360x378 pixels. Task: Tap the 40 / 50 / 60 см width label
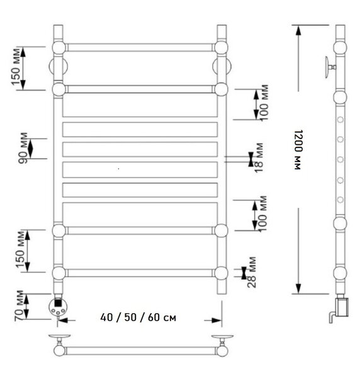point(138,318)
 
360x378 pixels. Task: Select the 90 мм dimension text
point(23,148)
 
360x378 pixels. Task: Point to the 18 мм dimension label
point(259,157)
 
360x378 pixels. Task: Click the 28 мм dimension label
point(252,272)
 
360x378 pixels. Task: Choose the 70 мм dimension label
point(19,306)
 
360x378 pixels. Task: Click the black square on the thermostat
point(57,302)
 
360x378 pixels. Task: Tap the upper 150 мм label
point(15,67)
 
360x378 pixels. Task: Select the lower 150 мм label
point(20,249)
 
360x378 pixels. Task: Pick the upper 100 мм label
point(264,103)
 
